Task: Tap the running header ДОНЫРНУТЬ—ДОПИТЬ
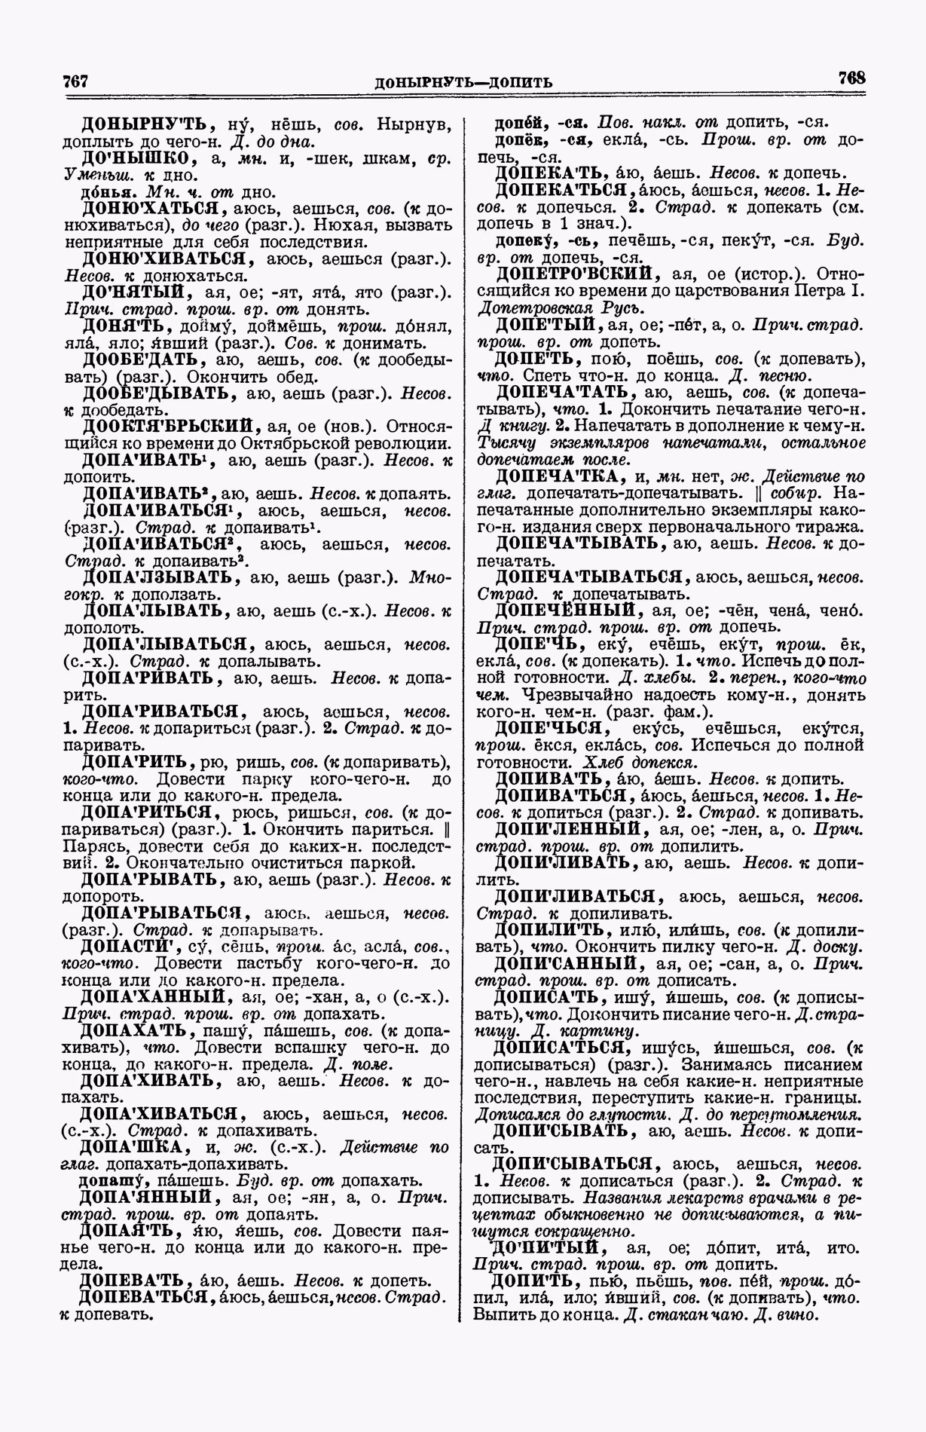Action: [x=463, y=81]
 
